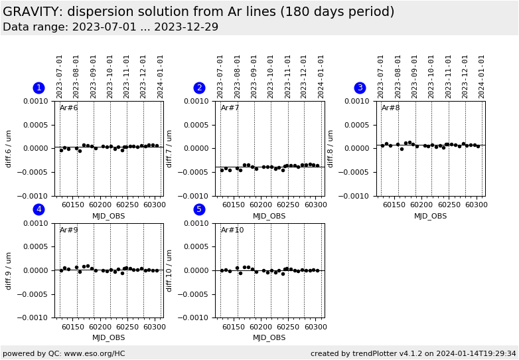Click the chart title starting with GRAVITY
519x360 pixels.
pyautogui.click(x=198, y=12)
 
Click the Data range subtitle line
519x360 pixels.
pyautogui.click(x=110, y=27)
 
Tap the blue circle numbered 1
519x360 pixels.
pyautogui.click(x=38, y=88)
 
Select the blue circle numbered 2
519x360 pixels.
pyautogui.click(x=199, y=88)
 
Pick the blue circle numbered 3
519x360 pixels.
pyautogui.click(x=360, y=88)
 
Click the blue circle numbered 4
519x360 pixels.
pyautogui.click(x=38, y=210)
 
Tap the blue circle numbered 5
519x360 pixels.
pyautogui.click(x=199, y=210)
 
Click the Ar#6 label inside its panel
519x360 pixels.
pyautogui.click(x=69, y=108)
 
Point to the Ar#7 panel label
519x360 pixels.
pyautogui.click(x=230, y=108)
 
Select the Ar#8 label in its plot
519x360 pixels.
pyautogui.click(x=391, y=108)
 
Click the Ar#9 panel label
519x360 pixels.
pyautogui.click(x=69, y=230)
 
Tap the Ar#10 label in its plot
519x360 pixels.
pyautogui.click(x=232, y=230)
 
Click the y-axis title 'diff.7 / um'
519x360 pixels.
pyautogui.click(x=170, y=148)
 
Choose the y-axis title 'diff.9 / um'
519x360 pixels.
pyautogui.click(x=9, y=270)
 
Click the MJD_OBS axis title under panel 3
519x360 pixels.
pyautogui.click(x=430, y=216)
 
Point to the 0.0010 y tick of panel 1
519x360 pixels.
pyautogui.click(x=37, y=101)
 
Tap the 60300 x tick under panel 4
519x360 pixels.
pyautogui.click(x=155, y=327)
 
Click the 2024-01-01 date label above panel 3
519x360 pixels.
pyautogui.click(x=482, y=76)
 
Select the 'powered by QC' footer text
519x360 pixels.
pyautogui.click(x=64, y=353)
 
